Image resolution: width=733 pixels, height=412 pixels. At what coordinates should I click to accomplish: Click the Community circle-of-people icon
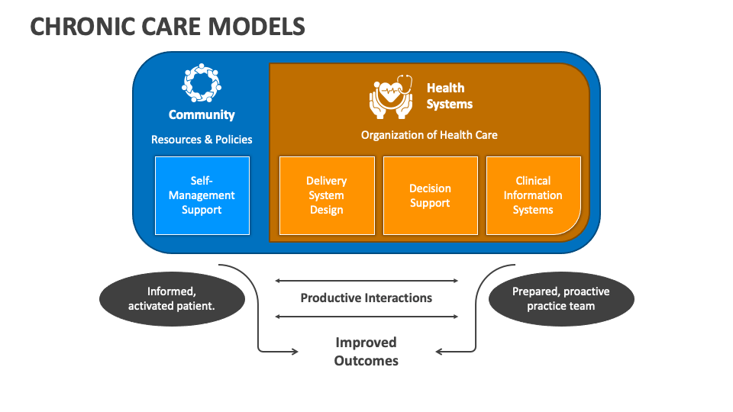202,83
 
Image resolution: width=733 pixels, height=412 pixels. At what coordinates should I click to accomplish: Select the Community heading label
202,115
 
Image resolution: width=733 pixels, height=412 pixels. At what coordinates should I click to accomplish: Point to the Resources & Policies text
202,139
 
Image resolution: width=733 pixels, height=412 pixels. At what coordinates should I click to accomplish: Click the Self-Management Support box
202,195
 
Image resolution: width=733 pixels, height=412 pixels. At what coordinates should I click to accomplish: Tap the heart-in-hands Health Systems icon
391,96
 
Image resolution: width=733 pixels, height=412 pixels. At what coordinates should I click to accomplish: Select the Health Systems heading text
449,96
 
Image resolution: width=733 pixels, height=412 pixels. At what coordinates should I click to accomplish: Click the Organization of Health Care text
429,135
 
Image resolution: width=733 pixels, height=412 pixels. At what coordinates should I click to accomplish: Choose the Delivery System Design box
327,195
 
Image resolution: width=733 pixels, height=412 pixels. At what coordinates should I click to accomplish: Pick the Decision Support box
430,195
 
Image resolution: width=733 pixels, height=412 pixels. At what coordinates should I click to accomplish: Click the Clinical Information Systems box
534,195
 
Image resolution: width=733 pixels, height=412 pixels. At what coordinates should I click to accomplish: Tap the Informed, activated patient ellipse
172,299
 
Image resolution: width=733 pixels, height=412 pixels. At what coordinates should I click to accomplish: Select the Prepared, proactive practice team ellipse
561,299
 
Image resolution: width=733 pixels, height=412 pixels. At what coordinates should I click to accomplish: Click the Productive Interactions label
366,298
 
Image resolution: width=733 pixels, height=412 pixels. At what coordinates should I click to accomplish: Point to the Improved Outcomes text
366,351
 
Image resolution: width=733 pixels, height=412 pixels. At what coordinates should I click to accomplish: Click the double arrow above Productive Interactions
366,281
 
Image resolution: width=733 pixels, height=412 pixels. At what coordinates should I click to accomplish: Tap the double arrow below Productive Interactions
366,317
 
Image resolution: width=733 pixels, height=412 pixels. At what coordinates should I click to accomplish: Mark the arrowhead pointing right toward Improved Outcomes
295,351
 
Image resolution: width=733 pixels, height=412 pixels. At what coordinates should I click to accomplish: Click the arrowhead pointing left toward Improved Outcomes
438,351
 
